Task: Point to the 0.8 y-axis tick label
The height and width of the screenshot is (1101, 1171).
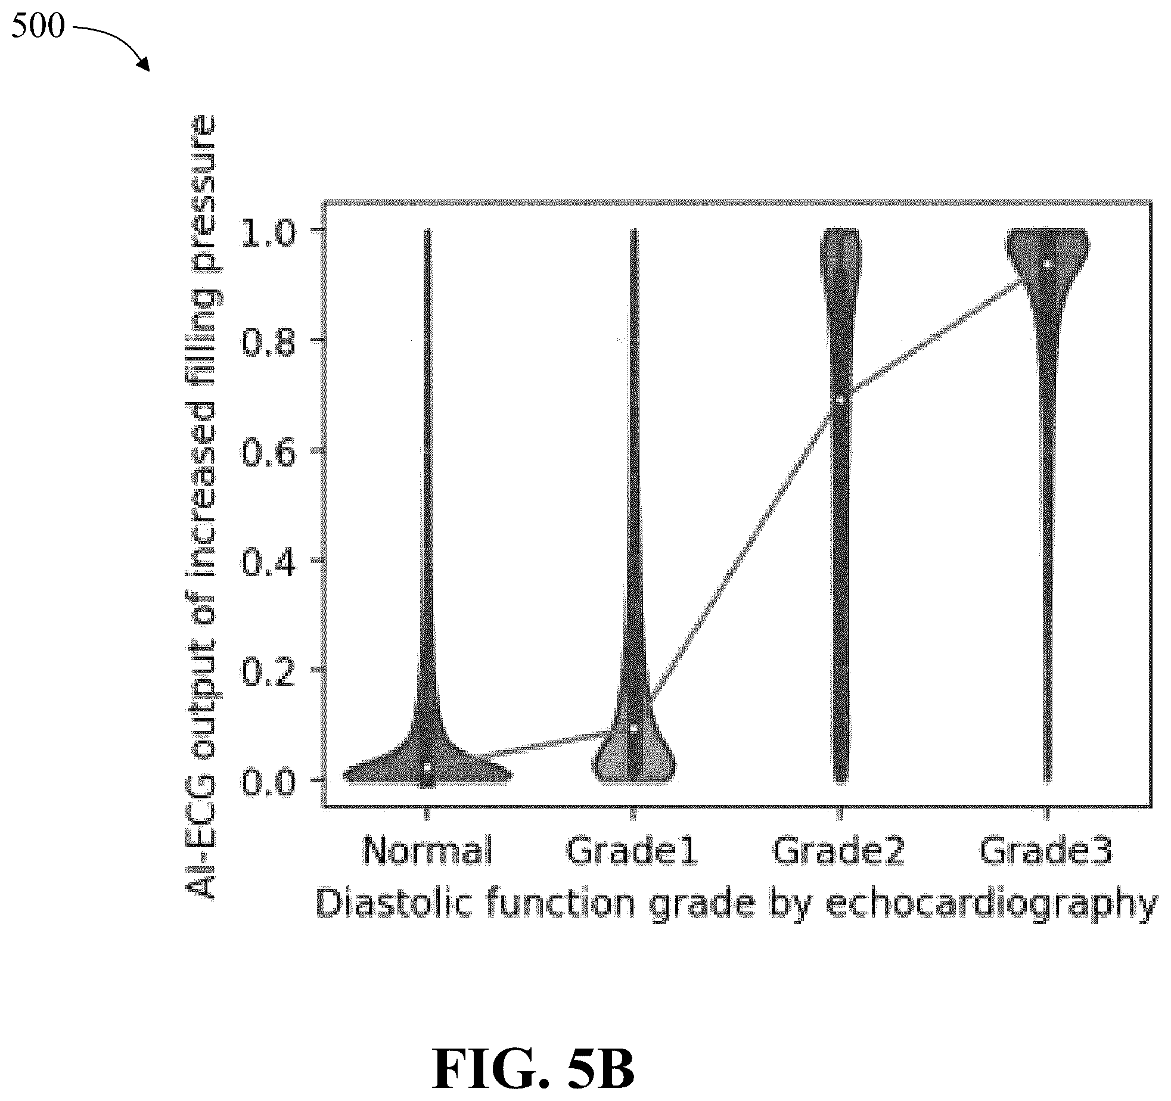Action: [x=268, y=341]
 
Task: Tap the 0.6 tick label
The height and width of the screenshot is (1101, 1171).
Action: [x=268, y=451]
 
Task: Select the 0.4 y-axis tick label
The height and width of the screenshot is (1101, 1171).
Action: [x=268, y=561]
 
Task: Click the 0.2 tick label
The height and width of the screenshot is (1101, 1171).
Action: [x=268, y=670]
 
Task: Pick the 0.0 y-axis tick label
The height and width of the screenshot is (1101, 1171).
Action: [x=268, y=780]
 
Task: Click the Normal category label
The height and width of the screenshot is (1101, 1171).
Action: [x=428, y=850]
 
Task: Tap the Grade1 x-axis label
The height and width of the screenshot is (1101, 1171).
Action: [x=632, y=850]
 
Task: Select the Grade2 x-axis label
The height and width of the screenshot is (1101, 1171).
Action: [x=839, y=850]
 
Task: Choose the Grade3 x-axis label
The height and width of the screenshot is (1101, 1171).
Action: [x=1046, y=850]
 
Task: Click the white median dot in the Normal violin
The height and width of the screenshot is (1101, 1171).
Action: [x=428, y=767]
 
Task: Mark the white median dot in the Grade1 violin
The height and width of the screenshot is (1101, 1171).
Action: [x=634, y=728]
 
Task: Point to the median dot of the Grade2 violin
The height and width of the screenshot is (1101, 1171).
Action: [x=840, y=399]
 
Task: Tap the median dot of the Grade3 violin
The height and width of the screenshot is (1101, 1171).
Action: [x=1047, y=263]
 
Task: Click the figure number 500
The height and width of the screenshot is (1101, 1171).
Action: [x=38, y=27]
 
